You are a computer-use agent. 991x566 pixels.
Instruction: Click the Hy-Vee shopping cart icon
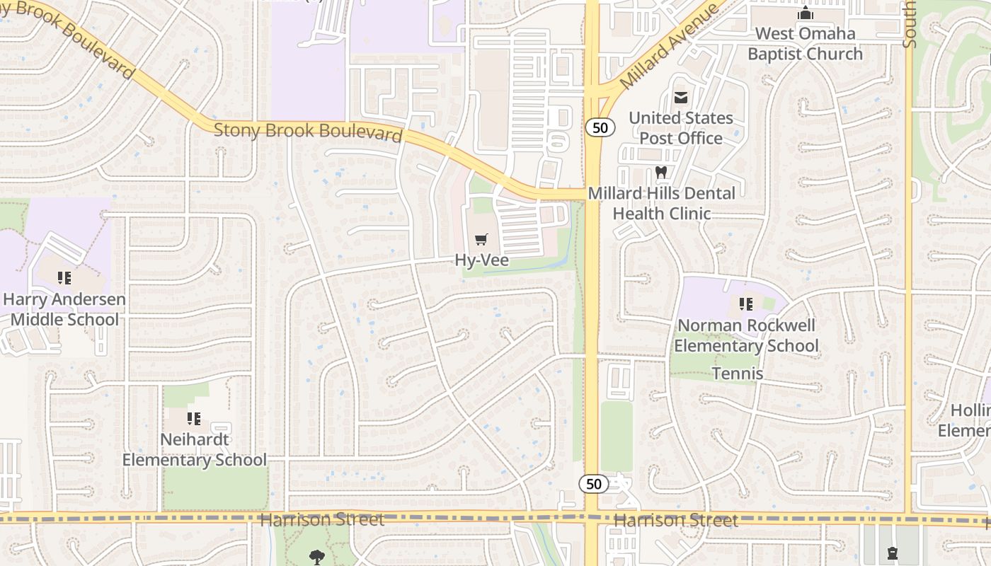[x=481, y=240]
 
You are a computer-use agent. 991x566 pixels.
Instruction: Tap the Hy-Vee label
[x=481, y=260]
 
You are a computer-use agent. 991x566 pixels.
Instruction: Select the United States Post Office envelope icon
[x=681, y=98]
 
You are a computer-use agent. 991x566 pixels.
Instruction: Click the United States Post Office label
[x=681, y=128]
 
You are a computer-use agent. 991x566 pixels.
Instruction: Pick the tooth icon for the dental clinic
[x=661, y=172]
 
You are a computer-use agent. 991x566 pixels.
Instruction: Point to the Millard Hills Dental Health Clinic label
[x=661, y=203]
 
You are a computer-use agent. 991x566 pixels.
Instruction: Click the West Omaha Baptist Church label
[x=805, y=44]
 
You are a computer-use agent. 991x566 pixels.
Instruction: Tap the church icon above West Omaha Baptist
[x=805, y=13]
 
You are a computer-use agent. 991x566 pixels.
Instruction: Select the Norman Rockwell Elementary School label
[x=746, y=335]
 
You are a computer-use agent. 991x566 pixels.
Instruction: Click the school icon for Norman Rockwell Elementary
[x=746, y=304]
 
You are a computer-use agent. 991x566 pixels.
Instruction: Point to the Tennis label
[x=738, y=374]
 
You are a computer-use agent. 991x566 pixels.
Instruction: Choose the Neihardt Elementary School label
[x=195, y=450]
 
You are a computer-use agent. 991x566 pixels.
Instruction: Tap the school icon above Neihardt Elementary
[x=194, y=419]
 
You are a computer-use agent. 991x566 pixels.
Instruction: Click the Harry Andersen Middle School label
[x=64, y=309]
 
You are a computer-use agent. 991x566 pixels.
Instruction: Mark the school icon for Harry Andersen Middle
[x=64, y=278]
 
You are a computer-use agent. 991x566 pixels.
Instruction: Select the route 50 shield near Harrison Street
[x=593, y=484]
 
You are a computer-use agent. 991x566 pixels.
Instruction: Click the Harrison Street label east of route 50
[x=676, y=521]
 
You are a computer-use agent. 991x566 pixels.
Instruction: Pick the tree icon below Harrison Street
[x=316, y=558]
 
